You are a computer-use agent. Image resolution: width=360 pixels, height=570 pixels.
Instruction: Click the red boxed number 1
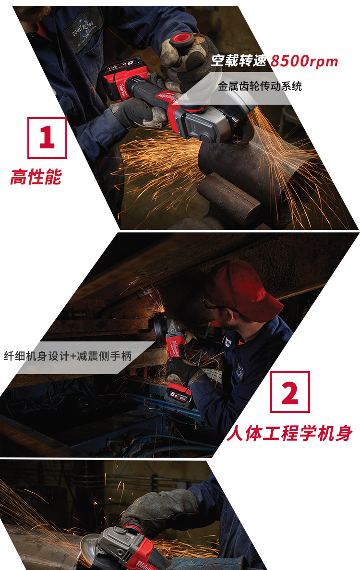click(x=47, y=138)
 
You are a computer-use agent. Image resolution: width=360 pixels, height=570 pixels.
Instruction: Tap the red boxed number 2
click(x=290, y=392)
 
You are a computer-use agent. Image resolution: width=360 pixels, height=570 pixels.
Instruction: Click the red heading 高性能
click(x=36, y=177)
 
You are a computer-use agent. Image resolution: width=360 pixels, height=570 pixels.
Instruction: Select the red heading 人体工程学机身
click(x=289, y=433)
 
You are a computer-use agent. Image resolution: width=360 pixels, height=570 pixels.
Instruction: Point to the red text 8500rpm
click(x=304, y=61)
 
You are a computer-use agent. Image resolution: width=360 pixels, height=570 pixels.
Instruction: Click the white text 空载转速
click(x=239, y=61)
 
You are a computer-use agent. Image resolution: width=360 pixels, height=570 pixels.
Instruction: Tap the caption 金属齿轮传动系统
click(x=260, y=86)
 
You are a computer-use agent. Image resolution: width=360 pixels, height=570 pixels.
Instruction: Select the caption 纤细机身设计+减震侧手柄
click(x=68, y=356)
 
